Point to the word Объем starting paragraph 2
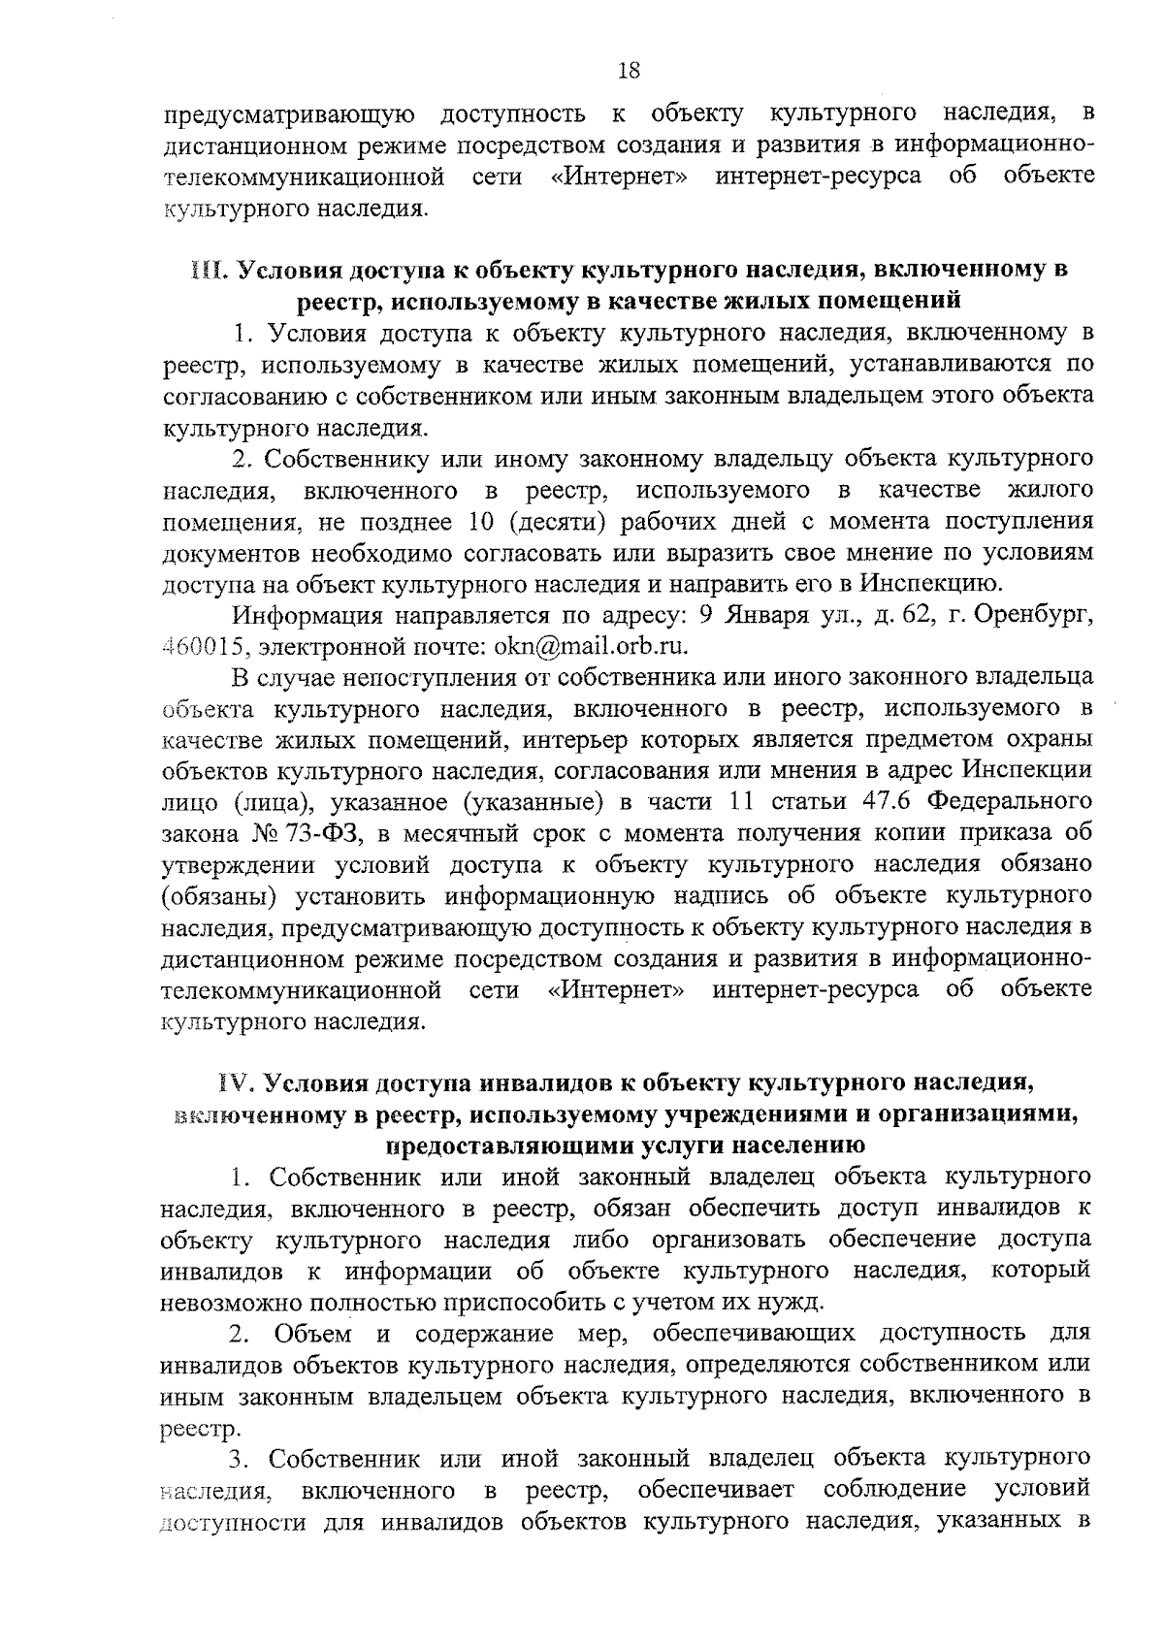pos(313,1333)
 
